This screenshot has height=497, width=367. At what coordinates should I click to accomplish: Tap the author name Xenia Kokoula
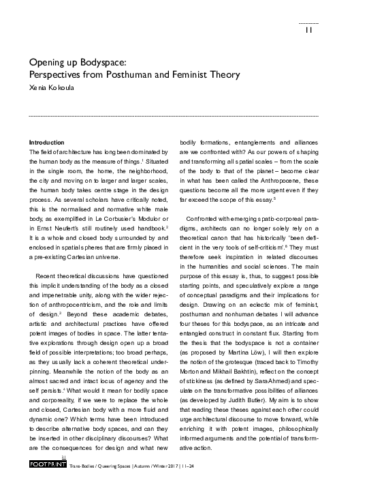tap(50, 88)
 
